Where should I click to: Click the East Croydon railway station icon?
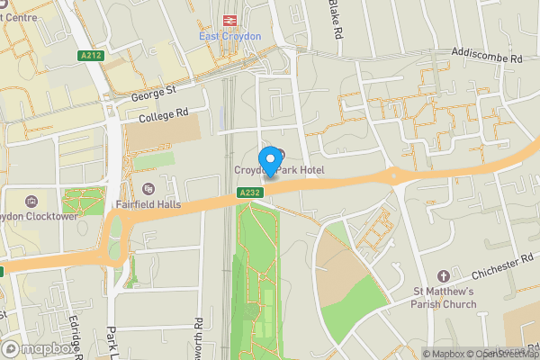point(229,20)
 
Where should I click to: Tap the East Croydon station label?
point(229,36)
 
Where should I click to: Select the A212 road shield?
point(90,56)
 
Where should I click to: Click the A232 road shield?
point(250,193)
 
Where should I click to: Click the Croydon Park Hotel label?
point(280,170)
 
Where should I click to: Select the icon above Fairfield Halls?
point(148,188)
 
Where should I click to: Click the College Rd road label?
point(163,115)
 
